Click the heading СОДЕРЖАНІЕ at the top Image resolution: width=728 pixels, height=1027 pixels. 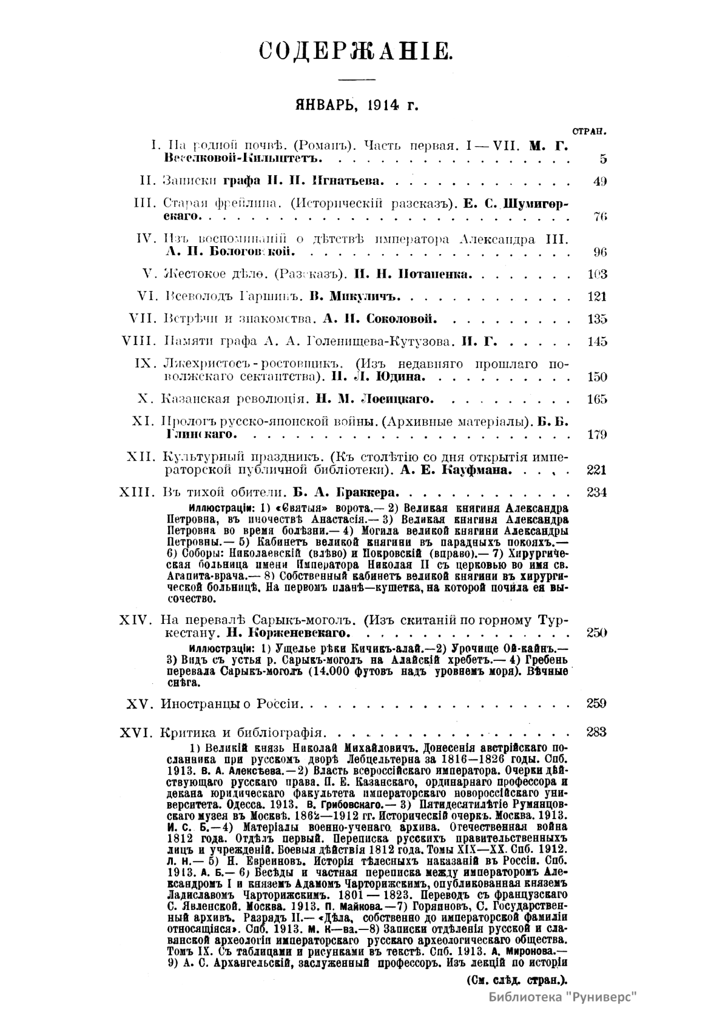pos(356,50)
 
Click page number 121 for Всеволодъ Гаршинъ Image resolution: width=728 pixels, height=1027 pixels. pos(597,296)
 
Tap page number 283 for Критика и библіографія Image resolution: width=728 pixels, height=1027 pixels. pos(597,732)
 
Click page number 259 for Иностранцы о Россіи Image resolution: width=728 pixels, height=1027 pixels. pos(597,704)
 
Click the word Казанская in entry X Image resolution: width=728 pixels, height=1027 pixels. pos(195,399)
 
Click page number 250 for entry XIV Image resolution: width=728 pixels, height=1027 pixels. pos(597,633)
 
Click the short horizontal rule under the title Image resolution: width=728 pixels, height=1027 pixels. pos(356,79)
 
